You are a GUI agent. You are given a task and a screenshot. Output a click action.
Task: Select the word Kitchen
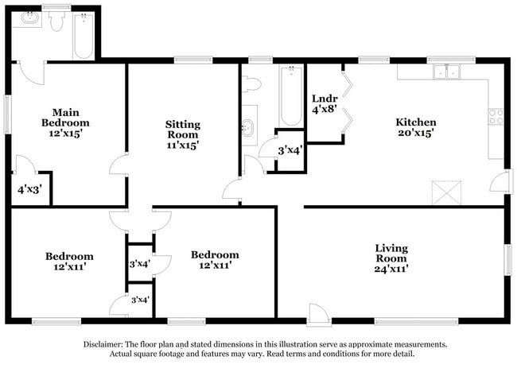[x=416, y=122]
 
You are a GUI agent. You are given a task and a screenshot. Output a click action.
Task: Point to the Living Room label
[x=391, y=254]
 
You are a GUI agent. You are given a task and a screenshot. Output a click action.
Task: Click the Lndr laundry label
[x=325, y=98]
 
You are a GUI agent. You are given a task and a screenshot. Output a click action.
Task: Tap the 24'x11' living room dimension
[x=391, y=269]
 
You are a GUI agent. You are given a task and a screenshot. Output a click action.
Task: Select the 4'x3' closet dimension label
[x=31, y=190]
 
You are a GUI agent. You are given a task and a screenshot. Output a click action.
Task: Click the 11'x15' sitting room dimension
[x=182, y=145]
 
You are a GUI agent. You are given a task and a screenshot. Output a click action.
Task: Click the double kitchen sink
[x=445, y=72]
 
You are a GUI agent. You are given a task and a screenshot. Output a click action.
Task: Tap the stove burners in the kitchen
[x=496, y=117]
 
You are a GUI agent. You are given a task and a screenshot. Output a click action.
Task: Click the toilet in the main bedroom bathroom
[x=56, y=22]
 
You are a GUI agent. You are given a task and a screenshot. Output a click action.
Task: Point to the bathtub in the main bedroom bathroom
[x=84, y=34]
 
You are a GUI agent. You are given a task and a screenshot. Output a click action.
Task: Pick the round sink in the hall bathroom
[x=248, y=126]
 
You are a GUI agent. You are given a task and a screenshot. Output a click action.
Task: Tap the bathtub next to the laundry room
[x=290, y=97]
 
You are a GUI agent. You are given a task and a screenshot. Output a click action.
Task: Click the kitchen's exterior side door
[x=498, y=181]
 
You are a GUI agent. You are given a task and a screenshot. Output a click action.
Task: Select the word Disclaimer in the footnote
[x=107, y=344]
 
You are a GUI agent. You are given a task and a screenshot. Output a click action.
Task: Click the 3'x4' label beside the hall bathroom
[x=290, y=149]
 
